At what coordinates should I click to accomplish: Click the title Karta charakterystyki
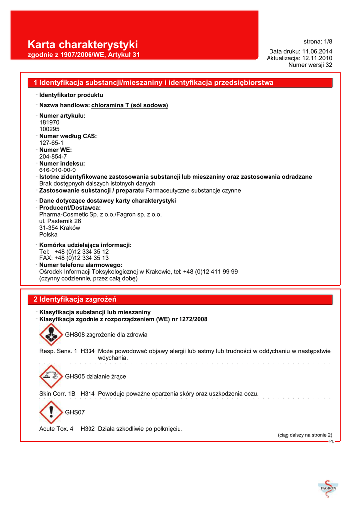tap(83, 45)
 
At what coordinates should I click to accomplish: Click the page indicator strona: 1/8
tap(318, 41)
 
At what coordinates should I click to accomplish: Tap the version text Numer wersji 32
tap(310, 65)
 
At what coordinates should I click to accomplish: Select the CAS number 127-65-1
tap(51, 142)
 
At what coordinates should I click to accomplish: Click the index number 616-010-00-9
tap(57, 170)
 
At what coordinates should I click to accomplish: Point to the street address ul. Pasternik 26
tap(60, 221)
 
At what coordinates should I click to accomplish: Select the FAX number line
tap(74, 258)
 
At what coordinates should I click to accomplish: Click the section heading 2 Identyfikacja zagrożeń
tap(75, 299)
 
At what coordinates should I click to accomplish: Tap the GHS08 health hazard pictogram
tap(51, 335)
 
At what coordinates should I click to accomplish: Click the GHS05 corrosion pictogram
tap(51, 376)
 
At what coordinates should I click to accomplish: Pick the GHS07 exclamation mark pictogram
tap(51, 413)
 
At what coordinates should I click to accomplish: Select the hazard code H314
tap(88, 393)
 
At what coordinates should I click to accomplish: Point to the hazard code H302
tap(88, 428)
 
